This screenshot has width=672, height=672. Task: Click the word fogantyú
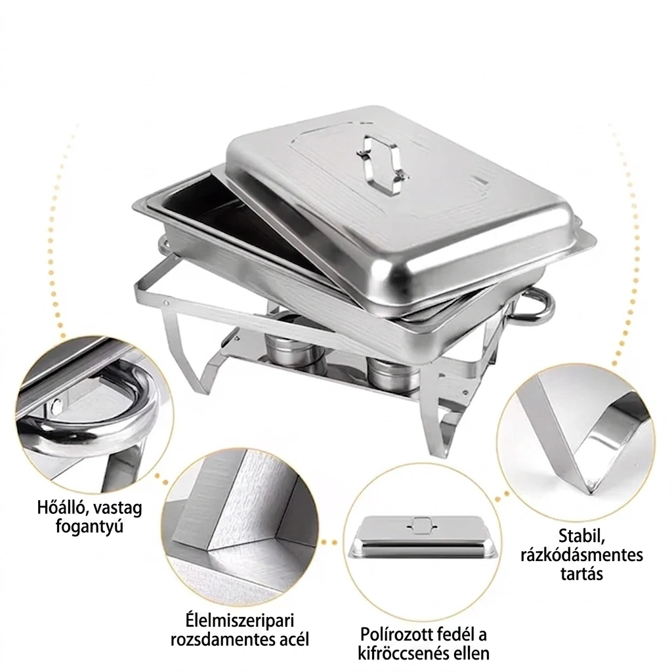point(89,526)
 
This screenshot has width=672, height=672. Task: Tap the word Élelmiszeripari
point(240,621)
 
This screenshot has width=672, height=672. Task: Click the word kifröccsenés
point(402,654)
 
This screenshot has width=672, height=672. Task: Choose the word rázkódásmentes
point(581,555)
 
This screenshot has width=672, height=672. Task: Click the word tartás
point(581,574)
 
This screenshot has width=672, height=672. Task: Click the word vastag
point(117,509)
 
